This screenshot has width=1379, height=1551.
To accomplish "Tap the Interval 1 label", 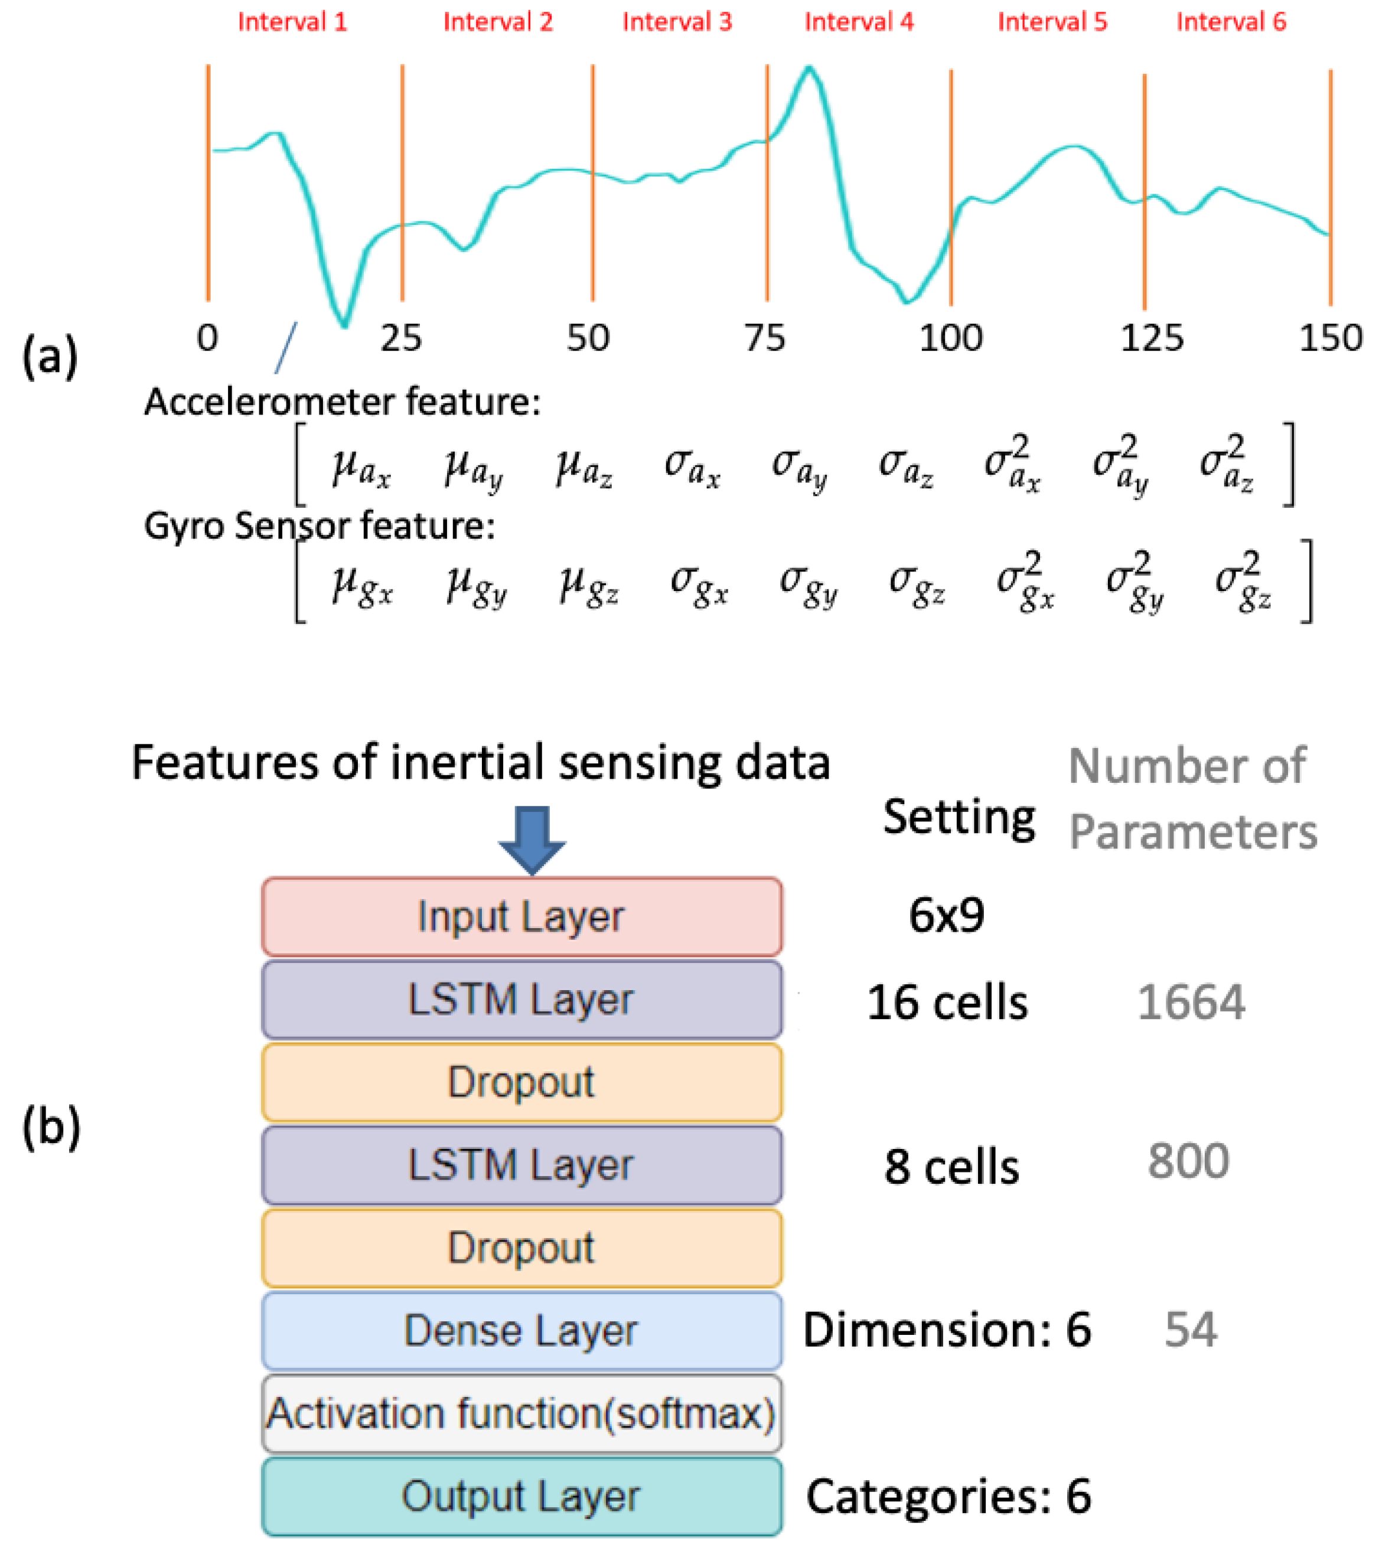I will pyautogui.click(x=292, y=22).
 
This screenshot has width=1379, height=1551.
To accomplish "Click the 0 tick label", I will pyautogui.click(x=207, y=338).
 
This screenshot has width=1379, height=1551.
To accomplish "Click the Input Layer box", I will pyautogui.click(x=521, y=917).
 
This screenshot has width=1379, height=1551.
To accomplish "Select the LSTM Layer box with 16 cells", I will pyautogui.click(x=521, y=1000).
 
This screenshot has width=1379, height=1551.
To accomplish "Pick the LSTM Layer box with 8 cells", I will pyautogui.click(x=521, y=1165).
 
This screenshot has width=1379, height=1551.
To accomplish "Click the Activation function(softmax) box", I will pyautogui.click(x=521, y=1413).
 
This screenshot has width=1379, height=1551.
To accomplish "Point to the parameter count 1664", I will pyautogui.click(x=1191, y=1003).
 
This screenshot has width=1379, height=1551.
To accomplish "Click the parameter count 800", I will pyautogui.click(x=1188, y=1161).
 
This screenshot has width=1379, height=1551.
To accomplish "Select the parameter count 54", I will pyautogui.click(x=1190, y=1330).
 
